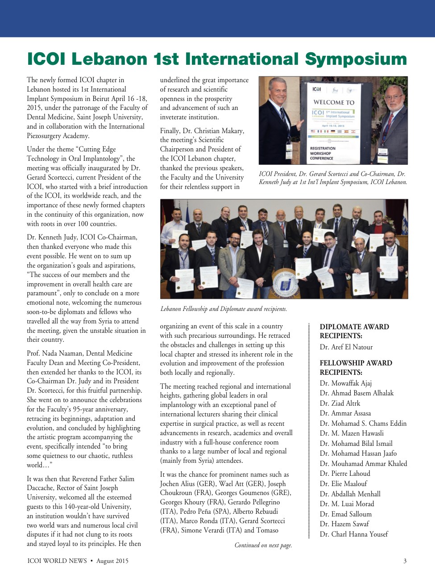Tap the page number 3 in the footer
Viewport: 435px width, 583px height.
coord(405,561)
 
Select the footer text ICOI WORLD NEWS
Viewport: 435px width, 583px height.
coord(57,561)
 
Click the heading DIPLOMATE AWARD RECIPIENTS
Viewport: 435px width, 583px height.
coord(354,331)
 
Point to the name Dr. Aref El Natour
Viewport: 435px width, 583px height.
coord(346,347)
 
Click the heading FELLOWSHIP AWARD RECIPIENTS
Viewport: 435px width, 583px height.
coord(356,368)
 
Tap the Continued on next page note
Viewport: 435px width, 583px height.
coord(263,545)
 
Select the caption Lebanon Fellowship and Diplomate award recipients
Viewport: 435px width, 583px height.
coord(224,309)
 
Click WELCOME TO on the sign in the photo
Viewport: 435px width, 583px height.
coord(334,102)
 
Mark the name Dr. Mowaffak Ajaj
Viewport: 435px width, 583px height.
coord(346,383)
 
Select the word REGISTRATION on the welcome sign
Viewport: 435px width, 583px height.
coord(323,148)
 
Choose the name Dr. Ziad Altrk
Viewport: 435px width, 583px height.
coord(340,403)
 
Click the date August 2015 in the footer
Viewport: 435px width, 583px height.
coord(112,561)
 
